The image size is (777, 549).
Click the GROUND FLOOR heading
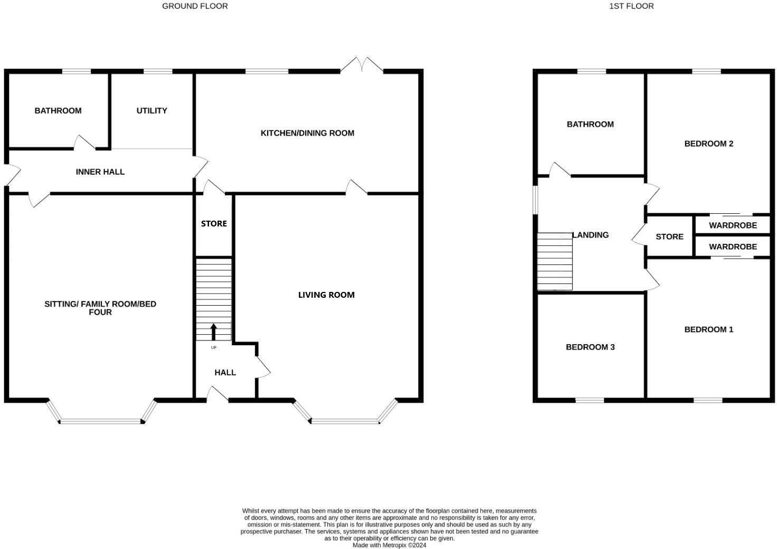coord(195,6)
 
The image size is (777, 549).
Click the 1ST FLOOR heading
coord(631,6)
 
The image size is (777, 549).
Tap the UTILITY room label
coord(151,111)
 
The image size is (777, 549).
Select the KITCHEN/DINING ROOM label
coord(307,133)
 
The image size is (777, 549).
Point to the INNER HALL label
coord(100,172)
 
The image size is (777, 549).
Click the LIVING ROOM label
coord(326,295)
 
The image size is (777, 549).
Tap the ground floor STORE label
coord(214,224)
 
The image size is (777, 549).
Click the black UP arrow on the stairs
coord(214,332)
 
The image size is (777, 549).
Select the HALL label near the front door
coord(225,373)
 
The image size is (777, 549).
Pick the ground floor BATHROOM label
coord(58,111)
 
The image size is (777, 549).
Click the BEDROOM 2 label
coord(708,144)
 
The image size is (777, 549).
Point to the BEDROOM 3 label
coord(590,347)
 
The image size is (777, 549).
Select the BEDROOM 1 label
coord(708,329)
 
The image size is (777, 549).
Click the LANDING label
coord(591,235)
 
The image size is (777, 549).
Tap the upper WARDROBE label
coord(733,225)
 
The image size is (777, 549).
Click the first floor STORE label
coord(669,237)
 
